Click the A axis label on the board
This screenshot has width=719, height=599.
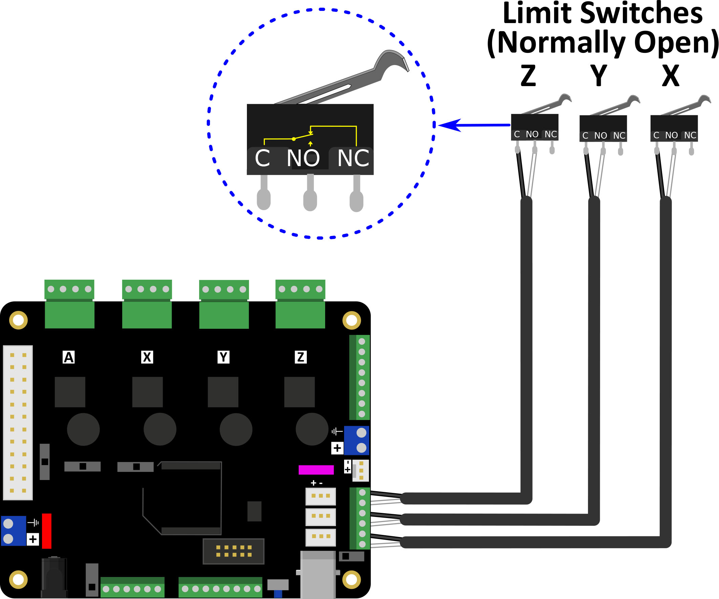click(x=69, y=357)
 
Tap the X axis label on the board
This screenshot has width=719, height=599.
click(x=147, y=357)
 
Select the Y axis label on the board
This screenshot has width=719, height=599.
click(x=224, y=357)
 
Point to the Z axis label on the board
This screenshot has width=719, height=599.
click(x=301, y=357)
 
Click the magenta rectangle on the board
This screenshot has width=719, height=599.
click(x=316, y=470)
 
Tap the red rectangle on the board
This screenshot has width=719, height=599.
click(x=46, y=531)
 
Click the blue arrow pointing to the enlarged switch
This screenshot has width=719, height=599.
click(x=474, y=125)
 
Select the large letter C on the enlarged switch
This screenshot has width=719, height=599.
click(x=262, y=158)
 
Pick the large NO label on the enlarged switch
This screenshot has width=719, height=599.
click(x=303, y=158)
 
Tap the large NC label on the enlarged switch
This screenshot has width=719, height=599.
click(x=353, y=158)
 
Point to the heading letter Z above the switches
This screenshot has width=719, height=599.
click(x=528, y=76)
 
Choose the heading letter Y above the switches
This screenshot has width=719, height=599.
click(x=599, y=76)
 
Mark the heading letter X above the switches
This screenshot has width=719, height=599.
click(x=670, y=76)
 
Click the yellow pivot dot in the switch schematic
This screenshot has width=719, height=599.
click(x=294, y=139)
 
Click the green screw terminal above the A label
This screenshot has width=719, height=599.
click(x=69, y=304)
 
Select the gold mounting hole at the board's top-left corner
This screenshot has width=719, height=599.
click(x=19, y=320)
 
